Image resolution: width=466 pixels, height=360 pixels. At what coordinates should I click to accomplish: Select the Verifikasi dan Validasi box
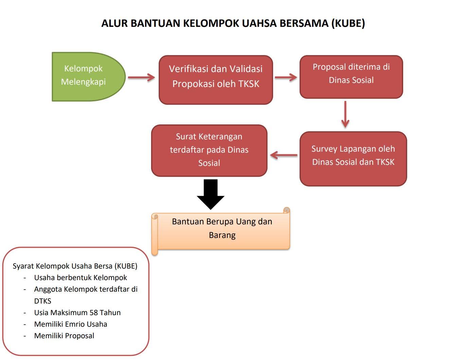(x=216, y=80)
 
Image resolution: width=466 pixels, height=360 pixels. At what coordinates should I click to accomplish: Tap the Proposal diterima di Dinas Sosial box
(x=351, y=77)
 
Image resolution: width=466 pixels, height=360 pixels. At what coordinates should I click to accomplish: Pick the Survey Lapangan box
(x=353, y=158)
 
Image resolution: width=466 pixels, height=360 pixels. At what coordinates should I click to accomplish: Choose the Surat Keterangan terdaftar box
(x=209, y=150)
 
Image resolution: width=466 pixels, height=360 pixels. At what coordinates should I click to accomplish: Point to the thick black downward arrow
(x=211, y=194)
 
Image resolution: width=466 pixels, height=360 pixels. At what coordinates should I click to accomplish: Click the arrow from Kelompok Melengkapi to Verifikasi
(x=142, y=78)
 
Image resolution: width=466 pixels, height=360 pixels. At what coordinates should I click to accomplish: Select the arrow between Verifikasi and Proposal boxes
(x=286, y=78)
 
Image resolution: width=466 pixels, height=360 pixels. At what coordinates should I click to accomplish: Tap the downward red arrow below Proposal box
(x=345, y=114)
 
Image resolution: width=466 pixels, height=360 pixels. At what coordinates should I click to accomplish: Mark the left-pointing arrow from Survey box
(x=284, y=155)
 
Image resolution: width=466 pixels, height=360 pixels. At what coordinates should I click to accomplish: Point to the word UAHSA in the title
(x=260, y=23)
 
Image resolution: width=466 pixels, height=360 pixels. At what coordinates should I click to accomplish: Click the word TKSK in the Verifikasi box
(x=248, y=84)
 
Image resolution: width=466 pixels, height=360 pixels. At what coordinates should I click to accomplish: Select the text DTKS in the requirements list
(x=42, y=301)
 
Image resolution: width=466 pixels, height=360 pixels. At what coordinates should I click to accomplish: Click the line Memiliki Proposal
(x=64, y=336)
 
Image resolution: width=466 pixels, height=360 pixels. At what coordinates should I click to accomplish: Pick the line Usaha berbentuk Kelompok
(x=80, y=278)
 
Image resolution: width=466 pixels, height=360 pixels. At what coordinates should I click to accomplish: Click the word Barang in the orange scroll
(x=222, y=235)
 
